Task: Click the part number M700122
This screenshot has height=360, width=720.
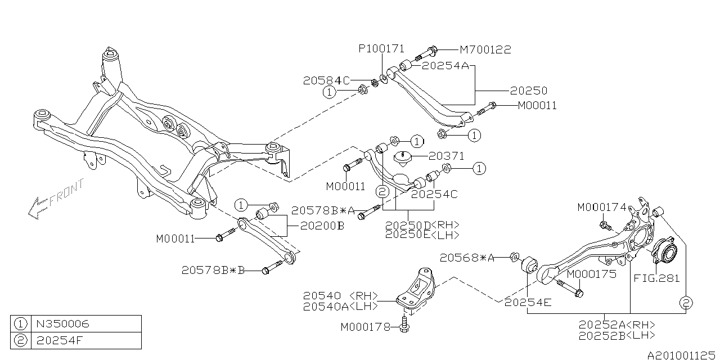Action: [x=485, y=50]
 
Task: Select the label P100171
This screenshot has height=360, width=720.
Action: [x=381, y=49]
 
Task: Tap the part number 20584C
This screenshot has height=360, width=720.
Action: [x=326, y=80]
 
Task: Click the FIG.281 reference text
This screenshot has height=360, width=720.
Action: [x=656, y=278]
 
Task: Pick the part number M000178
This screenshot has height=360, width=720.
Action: [x=366, y=327]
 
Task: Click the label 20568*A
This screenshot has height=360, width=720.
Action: [x=467, y=258]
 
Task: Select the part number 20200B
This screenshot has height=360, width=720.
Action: [x=322, y=226]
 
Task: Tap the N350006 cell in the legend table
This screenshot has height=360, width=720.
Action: [x=62, y=324]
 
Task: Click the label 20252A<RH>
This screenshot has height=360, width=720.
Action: [x=616, y=325]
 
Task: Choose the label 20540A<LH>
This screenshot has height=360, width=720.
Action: [x=340, y=307]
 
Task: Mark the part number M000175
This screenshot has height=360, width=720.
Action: [x=591, y=274]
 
